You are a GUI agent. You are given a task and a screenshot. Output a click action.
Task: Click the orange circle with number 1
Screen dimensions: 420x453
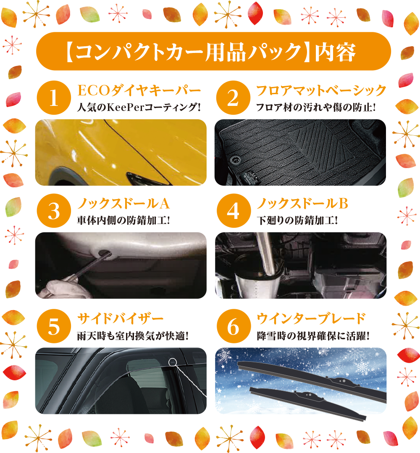click(54, 97)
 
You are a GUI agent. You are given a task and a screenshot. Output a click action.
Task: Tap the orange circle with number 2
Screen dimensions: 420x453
click(233, 97)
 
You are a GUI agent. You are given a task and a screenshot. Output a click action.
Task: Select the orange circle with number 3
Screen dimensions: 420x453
click(54, 211)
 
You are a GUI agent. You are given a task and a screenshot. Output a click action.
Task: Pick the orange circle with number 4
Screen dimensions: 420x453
click(234, 211)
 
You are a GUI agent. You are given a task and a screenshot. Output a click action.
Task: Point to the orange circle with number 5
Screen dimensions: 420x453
click(54, 326)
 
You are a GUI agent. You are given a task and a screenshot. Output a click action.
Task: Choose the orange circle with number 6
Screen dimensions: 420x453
click(234, 326)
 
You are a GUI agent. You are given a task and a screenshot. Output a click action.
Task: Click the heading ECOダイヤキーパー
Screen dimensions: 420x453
click(139, 90)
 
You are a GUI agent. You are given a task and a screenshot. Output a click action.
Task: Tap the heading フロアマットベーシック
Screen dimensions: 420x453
click(321, 90)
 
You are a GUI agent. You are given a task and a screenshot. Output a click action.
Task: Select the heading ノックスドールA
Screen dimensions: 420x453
click(123, 203)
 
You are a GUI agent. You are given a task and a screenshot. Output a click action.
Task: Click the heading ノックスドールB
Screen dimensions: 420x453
click(302, 203)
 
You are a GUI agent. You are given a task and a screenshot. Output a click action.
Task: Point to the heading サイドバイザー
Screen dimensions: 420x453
click(121, 319)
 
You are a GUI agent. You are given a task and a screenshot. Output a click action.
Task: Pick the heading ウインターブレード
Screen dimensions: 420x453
click(311, 319)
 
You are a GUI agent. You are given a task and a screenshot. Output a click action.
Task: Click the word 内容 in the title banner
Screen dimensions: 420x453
click(335, 52)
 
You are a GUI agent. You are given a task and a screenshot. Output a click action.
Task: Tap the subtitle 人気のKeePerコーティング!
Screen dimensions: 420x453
click(139, 108)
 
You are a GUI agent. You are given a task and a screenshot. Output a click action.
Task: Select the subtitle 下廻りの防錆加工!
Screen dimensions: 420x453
click(297, 221)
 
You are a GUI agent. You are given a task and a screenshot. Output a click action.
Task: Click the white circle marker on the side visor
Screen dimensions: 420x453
click(172, 362)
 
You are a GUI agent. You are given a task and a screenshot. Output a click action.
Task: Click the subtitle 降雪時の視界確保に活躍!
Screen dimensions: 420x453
click(313, 336)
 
